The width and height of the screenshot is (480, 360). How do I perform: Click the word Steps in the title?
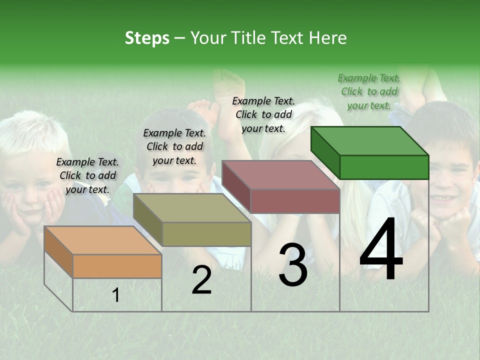tap(147, 38)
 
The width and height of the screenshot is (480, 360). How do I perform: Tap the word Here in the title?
tap(328, 38)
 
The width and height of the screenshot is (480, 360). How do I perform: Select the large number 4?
tap(381, 250)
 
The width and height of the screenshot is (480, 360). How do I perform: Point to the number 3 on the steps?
tap(293, 264)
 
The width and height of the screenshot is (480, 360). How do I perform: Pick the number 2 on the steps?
tap(201, 280)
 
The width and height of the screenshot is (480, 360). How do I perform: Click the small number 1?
tap(116, 295)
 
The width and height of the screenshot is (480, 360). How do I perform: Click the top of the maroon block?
tap(280, 174)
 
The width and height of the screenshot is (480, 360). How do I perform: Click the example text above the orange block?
tap(87, 175)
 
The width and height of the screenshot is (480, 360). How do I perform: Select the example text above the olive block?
tap(174, 146)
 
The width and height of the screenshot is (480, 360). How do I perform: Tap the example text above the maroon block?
tap(263, 114)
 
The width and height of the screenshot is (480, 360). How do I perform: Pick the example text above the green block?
tap(369, 91)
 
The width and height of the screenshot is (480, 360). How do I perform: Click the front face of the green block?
tap(384, 167)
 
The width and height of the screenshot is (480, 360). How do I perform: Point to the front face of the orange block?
tap(117, 266)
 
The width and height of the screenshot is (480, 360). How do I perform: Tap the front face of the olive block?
tap(206, 234)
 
